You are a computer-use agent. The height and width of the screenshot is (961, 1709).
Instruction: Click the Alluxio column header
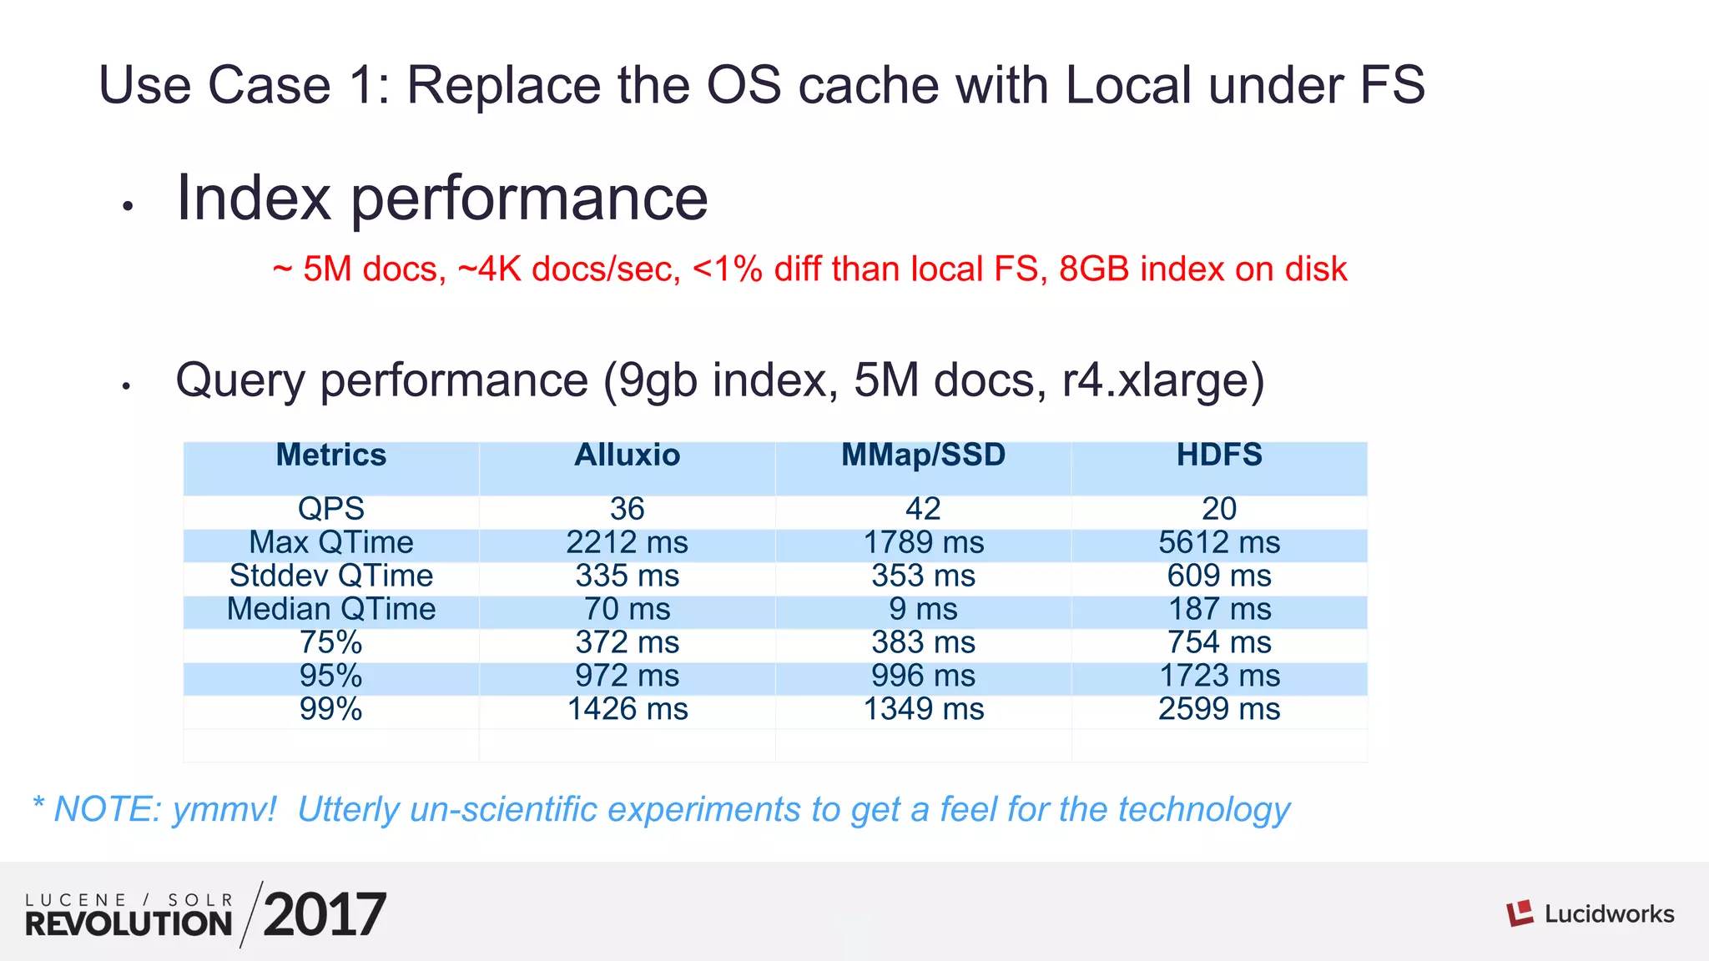click(x=627, y=455)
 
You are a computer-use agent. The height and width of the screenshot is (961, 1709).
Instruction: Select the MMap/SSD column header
click(x=923, y=455)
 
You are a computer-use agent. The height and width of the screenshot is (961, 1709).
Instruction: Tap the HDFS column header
click(x=1218, y=455)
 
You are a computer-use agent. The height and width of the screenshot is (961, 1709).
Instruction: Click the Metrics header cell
click(x=330, y=455)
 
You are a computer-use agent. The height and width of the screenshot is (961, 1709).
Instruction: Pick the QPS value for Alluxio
click(x=627, y=509)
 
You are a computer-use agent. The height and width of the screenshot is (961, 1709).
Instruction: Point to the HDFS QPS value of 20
click(x=1218, y=509)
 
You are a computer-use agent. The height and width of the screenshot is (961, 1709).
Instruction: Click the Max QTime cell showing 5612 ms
click(x=1218, y=543)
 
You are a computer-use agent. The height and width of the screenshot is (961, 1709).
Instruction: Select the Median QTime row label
click(x=330, y=610)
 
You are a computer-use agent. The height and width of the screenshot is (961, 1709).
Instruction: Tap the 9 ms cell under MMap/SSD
click(x=923, y=610)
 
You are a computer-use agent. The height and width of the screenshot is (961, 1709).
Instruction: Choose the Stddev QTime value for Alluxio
click(x=627, y=576)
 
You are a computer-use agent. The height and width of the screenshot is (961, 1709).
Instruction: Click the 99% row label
click(x=330, y=710)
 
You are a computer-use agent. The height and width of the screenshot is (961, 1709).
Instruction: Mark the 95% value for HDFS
click(x=1218, y=677)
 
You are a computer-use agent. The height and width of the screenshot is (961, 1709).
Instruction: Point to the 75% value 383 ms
click(x=923, y=643)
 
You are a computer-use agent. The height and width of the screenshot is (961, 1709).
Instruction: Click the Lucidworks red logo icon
click(x=1520, y=913)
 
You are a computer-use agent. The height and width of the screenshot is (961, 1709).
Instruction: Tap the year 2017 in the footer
click(x=325, y=915)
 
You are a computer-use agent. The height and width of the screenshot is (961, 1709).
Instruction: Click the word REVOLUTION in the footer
click(x=129, y=923)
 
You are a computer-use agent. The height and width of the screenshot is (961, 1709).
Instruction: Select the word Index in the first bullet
click(x=254, y=198)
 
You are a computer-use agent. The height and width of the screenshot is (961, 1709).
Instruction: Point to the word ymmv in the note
click(x=223, y=809)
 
